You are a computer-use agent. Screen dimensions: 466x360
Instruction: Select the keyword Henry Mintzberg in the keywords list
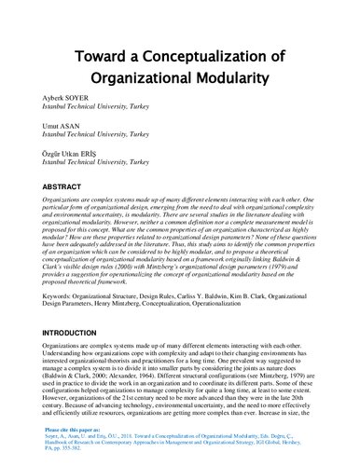pos(111,305)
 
